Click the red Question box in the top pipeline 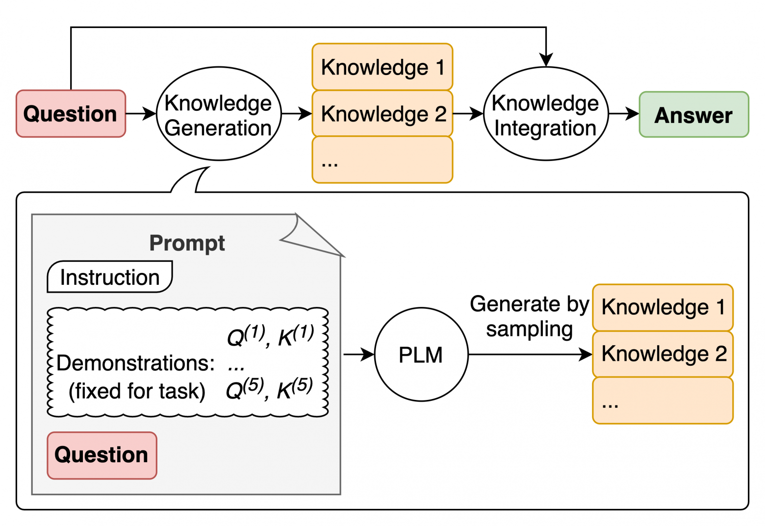[71, 114]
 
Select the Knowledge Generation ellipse [219, 114]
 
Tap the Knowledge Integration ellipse [546, 114]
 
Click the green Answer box [693, 115]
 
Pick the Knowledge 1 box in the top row [382, 67]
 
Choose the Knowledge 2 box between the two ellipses [382, 114]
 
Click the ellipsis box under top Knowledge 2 [382, 160]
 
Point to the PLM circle [421, 354]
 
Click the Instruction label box [110, 277]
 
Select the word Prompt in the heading [187, 243]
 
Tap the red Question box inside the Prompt [102, 455]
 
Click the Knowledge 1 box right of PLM [663, 307]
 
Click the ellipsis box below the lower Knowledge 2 [663, 401]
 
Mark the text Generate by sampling [529, 317]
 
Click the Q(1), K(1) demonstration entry [270, 336]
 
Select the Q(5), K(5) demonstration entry [269, 389]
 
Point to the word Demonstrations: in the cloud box [135, 363]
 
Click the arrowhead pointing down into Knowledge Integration [546, 60]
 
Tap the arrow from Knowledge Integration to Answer [624, 114]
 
